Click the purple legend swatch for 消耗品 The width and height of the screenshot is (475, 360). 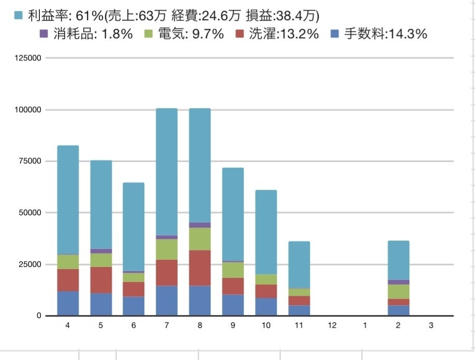[x=43, y=34]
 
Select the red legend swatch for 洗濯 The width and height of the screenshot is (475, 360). [x=239, y=34]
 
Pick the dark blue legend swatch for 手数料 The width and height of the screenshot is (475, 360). [x=334, y=34]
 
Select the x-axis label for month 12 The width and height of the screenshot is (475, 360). [x=332, y=325]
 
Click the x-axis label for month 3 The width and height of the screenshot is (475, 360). [x=431, y=325]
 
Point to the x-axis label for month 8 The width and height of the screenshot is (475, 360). [x=200, y=325]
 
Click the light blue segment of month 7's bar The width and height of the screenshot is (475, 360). [x=167, y=171]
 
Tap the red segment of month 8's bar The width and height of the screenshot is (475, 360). [x=200, y=268]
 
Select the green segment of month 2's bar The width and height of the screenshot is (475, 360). [x=398, y=292]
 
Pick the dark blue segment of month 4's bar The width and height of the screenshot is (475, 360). [x=68, y=303]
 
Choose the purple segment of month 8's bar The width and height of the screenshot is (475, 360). [x=200, y=225]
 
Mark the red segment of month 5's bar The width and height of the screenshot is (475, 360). [x=101, y=280]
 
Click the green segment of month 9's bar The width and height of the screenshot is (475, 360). [x=233, y=270]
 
